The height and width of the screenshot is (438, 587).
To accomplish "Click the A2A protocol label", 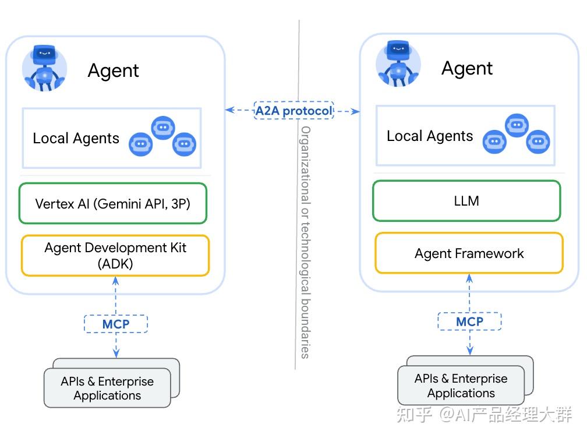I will pyautogui.click(x=293, y=110).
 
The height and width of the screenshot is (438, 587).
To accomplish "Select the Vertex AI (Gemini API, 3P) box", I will pyautogui.click(x=113, y=204).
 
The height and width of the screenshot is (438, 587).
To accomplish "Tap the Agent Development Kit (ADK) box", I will pyautogui.click(x=115, y=255).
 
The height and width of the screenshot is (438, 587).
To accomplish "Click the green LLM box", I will pyautogui.click(x=466, y=201).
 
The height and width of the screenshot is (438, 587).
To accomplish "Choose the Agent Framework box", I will pyautogui.click(x=469, y=253).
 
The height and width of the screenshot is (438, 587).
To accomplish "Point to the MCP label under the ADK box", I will pyautogui.click(x=116, y=324).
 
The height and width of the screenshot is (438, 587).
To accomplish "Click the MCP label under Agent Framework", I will pyautogui.click(x=469, y=321).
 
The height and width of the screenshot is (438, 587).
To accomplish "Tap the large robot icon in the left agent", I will pyautogui.click(x=44, y=68).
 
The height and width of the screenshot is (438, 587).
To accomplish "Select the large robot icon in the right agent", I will pyautogui.click(x=398, y=65).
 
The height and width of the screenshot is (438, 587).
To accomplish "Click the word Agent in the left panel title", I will pyautogui.click(x=114, y=71).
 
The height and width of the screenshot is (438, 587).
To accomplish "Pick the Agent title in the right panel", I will pyautogui.click(x=467, y=69).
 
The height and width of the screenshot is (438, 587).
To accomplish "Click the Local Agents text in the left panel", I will pyautogui.click(x=76, y=139).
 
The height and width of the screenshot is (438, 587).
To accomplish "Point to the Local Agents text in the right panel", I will pyautogui.click(x=430, y=136).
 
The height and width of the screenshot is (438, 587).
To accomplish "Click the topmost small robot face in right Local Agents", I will pyautogui.click(x=517, y=125).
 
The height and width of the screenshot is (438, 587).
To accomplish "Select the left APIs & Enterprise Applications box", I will pyautogui.click(x=108, y=388).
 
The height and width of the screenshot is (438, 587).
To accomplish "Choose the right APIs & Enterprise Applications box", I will pyautogui.click(x=461, y=386).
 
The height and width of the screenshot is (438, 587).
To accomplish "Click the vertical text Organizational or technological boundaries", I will pyautogui.click(x=305, y=241).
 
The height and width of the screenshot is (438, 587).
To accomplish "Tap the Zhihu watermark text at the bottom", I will pyautogui.click(x=483, y=415).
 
